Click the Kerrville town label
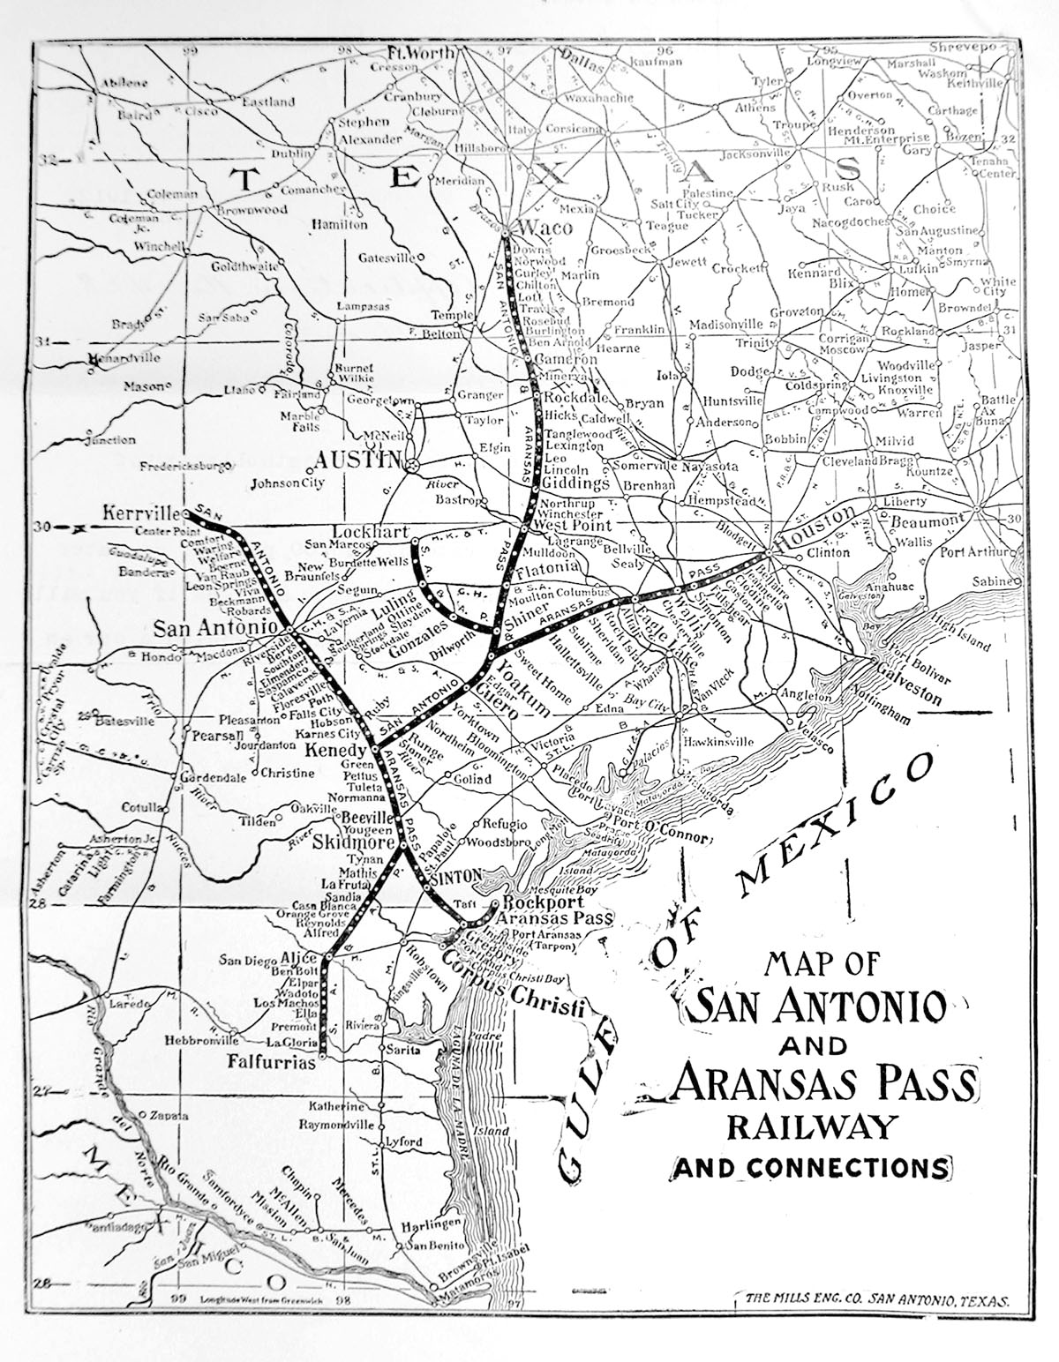(x=141, y=513)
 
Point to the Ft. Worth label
(x=423, y=53)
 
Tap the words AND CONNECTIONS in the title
(x=811, y=1167)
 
